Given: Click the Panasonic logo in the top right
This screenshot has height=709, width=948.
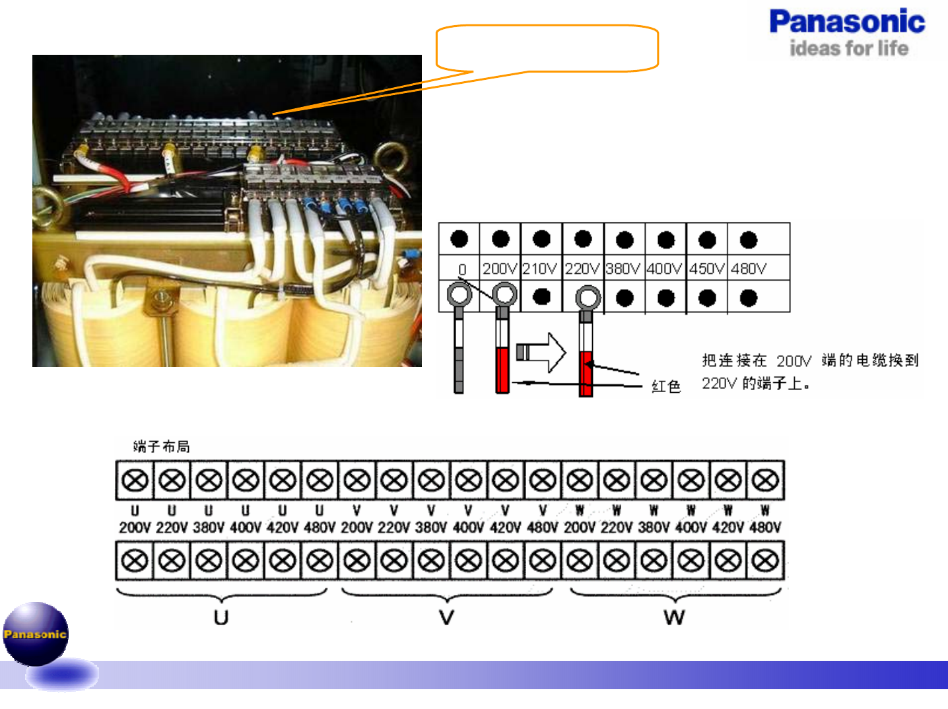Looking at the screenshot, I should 847,32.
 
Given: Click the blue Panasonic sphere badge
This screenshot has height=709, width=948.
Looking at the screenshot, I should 36,634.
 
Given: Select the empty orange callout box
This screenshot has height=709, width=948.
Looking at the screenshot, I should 547,48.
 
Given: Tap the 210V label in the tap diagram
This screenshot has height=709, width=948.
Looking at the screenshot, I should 540,269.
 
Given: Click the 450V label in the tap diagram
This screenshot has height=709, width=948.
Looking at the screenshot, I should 706,269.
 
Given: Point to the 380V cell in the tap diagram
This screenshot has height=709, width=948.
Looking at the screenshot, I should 623,269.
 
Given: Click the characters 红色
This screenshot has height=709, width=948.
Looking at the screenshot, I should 665,386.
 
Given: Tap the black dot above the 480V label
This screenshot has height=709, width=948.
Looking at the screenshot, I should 749,240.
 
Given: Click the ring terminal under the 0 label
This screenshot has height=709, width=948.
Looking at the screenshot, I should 459,294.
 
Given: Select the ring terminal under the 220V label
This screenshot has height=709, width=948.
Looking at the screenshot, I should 588,298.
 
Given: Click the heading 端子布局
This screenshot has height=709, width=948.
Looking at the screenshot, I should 161,447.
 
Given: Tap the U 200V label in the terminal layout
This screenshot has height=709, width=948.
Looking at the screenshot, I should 135,520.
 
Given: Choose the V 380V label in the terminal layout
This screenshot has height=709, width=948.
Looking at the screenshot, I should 430,520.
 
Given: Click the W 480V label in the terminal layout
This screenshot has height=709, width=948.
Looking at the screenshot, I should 765,520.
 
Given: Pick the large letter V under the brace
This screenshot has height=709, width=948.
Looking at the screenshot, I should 447,618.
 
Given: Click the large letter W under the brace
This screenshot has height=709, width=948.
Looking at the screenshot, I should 674,618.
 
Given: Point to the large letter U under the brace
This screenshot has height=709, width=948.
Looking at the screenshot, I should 221,618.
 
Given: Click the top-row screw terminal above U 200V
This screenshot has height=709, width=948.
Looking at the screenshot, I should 135,481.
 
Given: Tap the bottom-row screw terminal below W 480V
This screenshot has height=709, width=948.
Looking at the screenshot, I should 765,561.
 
